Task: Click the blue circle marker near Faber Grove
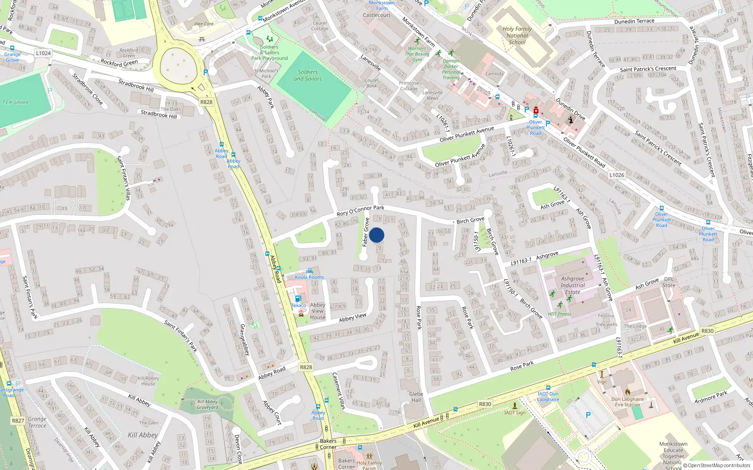tap(376, 235)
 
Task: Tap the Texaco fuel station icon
tap(297, 298)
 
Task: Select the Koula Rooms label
tap(309, 277)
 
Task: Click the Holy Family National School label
tap(517, 35)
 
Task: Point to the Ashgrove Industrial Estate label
tap(572, 285)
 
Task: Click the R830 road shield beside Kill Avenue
tap(485, 404)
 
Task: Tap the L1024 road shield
tap(43, 53)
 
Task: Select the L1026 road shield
tap(617, 175)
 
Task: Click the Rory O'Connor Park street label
tap(360, 211)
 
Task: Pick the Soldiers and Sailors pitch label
tap(308, 75)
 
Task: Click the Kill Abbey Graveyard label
tap(208, 404)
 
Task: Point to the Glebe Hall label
tap(416, 397)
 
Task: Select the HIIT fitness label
tap(559, 314)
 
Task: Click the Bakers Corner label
tap(328, 444)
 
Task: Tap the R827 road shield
tap(18, 421)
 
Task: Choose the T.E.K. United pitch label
tap(15, 102)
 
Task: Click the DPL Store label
tap(669, 282)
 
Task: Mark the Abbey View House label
tap(318, 311)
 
